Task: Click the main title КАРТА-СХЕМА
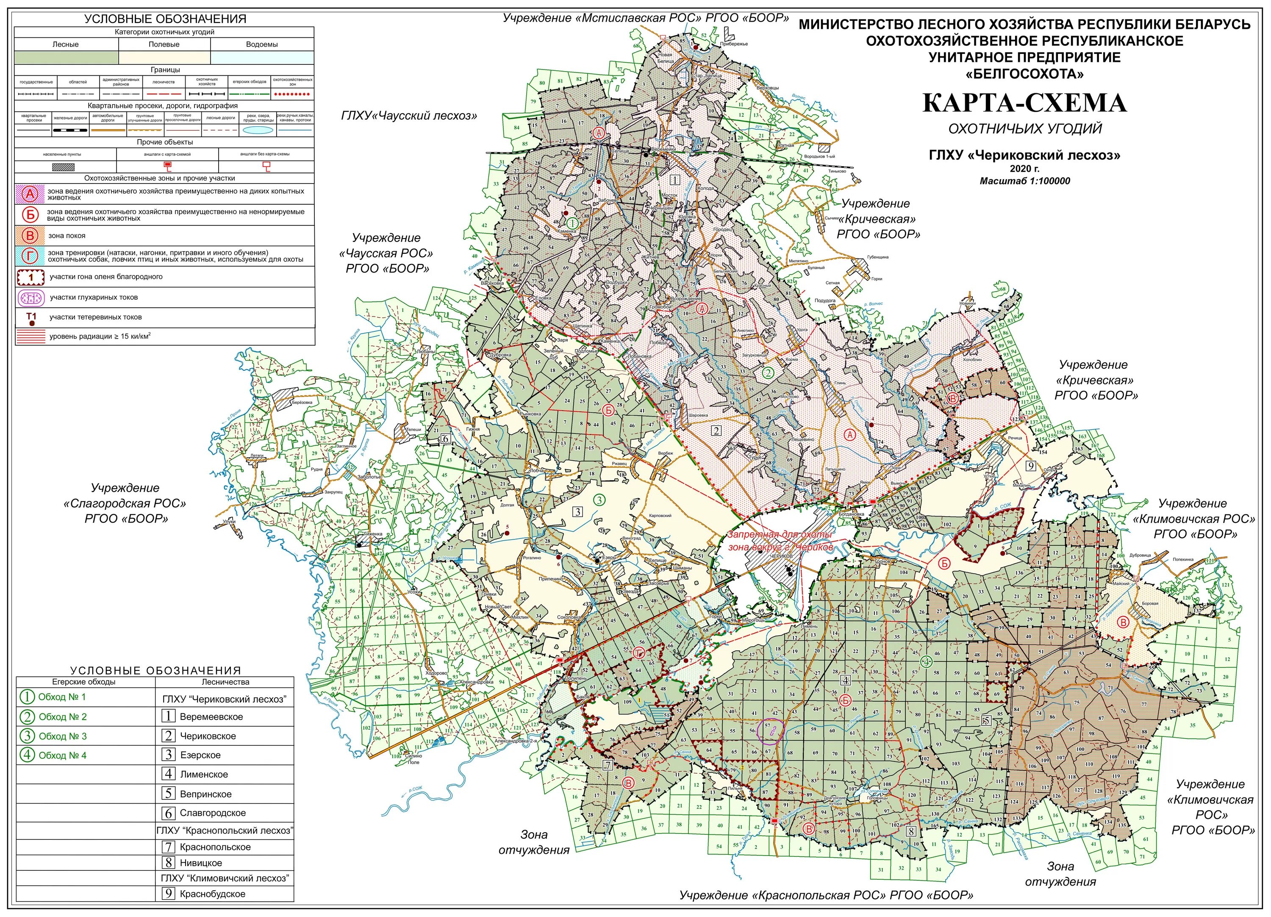coord(1024,103)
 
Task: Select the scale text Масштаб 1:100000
coord(1024,181)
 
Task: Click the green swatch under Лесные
coord(66,58)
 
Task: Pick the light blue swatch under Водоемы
coord(262,58)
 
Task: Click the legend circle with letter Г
coord(30,256)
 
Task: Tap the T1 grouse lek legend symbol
coord(31,319)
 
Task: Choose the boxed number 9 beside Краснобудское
coord(168,893)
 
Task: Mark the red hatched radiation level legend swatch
coord(31,336)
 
